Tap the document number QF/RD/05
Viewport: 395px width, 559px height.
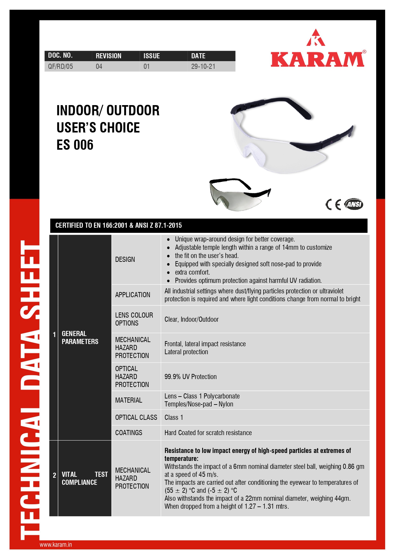(x=60, y=67)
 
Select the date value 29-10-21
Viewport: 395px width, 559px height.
(x=203, y=67)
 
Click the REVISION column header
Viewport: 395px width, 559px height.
(x=109, y=56)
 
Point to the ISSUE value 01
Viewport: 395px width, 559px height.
(x=146, y=67)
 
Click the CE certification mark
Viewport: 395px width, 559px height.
(x=333, y=204)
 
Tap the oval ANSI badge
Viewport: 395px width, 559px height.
(x=354, y=204)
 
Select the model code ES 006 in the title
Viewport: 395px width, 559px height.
(x=75, y=145)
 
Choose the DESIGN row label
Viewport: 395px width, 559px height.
(x=125, y=260)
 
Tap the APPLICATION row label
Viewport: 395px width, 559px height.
(x=133, y=295)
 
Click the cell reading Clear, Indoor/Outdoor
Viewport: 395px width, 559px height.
(x=192, y=319)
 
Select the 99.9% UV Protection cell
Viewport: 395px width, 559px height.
(x=190, y=377)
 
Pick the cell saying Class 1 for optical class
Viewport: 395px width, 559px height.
(x=174, y=418)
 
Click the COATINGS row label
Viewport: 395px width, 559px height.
(x=129, y=433)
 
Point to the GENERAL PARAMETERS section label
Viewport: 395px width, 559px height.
(x=80, y=338)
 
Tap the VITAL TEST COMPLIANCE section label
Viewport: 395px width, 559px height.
(x=85, y=478)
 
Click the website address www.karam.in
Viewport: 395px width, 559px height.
(x=56, y=545)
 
